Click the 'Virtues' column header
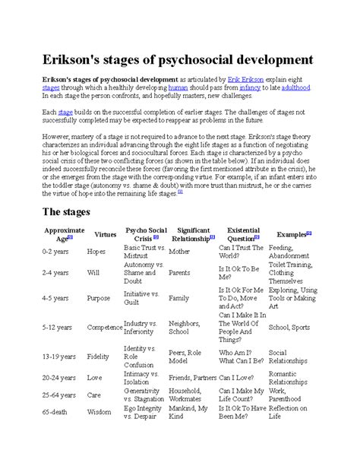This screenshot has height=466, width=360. [104, 234]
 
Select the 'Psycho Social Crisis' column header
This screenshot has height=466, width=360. [146, 234]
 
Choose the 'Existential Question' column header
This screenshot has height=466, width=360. [243, 234]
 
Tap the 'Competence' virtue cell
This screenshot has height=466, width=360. [104, 327]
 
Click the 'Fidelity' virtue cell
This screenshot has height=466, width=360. [99, 354]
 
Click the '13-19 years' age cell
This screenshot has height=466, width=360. [61, 354]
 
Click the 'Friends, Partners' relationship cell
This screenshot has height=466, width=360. [192, 377]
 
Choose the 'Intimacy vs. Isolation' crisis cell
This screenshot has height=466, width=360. [142, 377]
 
